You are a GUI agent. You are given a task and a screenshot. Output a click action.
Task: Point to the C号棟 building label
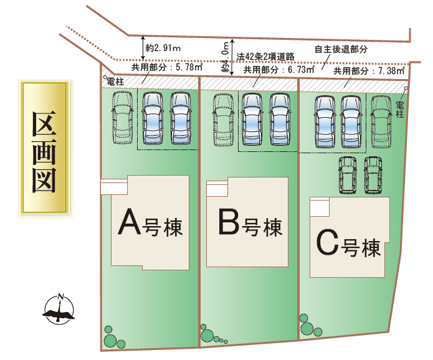348,244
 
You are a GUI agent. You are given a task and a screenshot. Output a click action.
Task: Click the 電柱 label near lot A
115,81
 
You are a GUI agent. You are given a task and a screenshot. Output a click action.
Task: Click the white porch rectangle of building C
319,206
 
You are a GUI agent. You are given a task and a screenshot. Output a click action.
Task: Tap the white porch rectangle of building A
113,186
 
